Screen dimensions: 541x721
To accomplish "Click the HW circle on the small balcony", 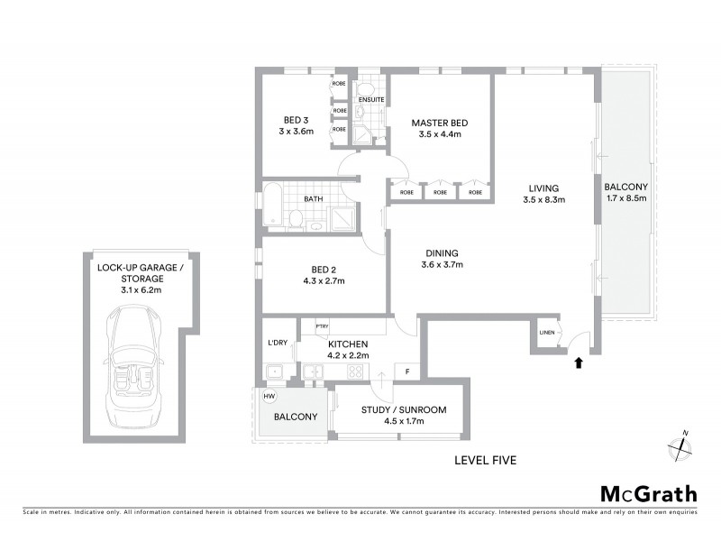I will pyautogui.click(x=269, y=397).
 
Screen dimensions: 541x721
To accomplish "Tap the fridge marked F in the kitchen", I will pyautogui.click(x=407, y=371).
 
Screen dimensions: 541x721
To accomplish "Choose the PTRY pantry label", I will pyautogui.click(x=321, y=326).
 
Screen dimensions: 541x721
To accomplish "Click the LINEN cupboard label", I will pyautogui.click(x=547, y=334).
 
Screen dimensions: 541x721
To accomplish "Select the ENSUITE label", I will pyautogui.click(x=371, y=98).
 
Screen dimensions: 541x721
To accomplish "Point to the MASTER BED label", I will pyautogui.click(x=440, y=123).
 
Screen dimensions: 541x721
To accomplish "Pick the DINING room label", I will pyautogui.click(x=441, y=252).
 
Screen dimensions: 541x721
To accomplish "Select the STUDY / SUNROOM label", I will pyautogui.click(x=403, y=410).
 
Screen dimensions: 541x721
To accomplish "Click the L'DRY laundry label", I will pyautogui.click(x=277, y=343).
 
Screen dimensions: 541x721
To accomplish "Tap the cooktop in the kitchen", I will pyautogui.click(x=356, y=371).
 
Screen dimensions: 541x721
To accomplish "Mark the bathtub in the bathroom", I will pyautogui.click(x=272, y=206).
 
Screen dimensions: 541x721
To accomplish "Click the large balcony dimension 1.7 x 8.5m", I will pyautogui.click(x=628, y=198).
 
